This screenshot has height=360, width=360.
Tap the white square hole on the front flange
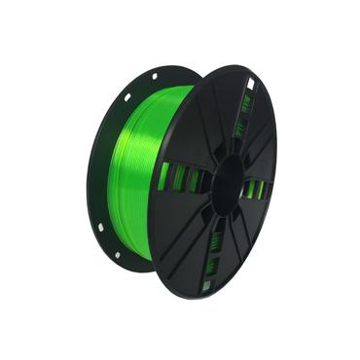(249, 85)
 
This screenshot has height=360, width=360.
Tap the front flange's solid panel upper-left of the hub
(195, 126)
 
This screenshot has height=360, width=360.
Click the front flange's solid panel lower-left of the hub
(185, 234)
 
